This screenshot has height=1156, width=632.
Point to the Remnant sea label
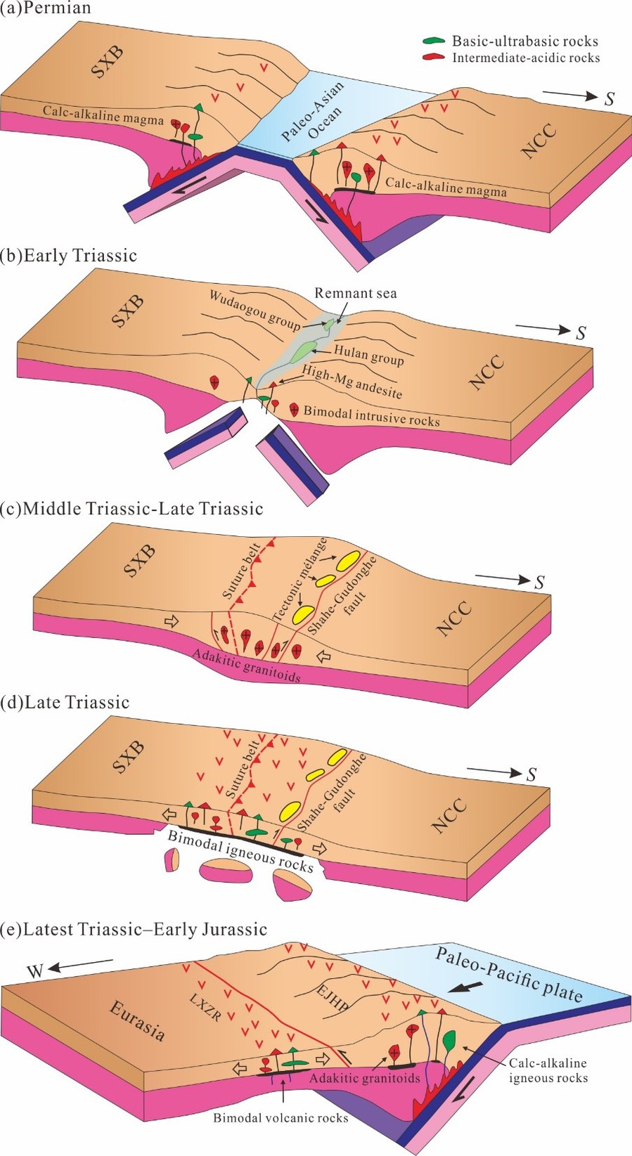pos(356,293)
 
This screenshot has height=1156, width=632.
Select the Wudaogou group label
pos(255,309)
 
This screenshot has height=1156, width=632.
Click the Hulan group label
pos(368,355)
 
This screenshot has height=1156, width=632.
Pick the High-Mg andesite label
pos(352,381)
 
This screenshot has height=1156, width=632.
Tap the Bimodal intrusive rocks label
pos(371,415)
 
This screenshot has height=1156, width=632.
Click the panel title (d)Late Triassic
pos(66,702)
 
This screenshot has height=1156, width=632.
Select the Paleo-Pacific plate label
pos(508,974)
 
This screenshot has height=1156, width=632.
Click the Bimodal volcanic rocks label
pos(280,1117)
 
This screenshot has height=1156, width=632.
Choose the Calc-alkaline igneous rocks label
pos(548,1070)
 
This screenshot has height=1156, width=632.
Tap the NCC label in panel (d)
pos(450,814)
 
